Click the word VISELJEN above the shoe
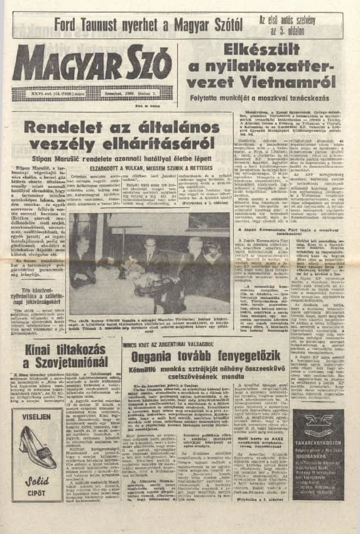click(35, 417)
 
